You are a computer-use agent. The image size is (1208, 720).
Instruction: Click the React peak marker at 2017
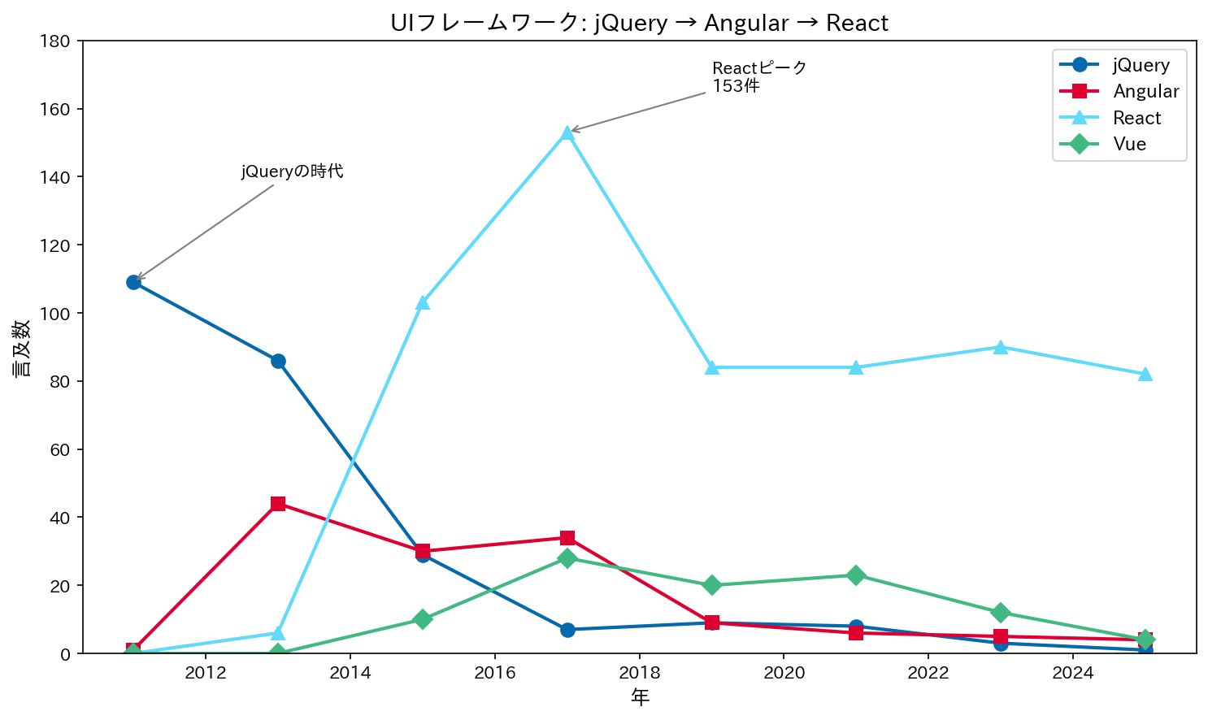click(567, 133)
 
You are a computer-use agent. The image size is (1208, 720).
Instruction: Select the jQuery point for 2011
click(133, 282)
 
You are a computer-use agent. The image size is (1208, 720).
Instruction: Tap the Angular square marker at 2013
click(278, 504)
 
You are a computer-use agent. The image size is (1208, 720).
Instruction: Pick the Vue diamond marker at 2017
click(567, 558)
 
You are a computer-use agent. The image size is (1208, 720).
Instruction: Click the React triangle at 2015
click(423, 302)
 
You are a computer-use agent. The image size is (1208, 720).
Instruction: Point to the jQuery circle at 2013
click(278, 361)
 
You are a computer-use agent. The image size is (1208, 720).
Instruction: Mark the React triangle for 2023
click(1001, 347)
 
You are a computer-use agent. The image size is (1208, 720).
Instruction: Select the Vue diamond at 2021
click(856, 575)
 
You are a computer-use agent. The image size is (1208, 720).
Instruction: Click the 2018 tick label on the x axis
click(640, 673)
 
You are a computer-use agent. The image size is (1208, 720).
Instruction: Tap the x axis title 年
click(640, 697)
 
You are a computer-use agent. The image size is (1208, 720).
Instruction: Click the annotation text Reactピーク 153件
click(758, 76)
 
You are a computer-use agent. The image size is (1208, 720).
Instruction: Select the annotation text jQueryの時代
click(292, 171)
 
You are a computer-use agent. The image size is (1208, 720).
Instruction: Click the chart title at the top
click(639, 23)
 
